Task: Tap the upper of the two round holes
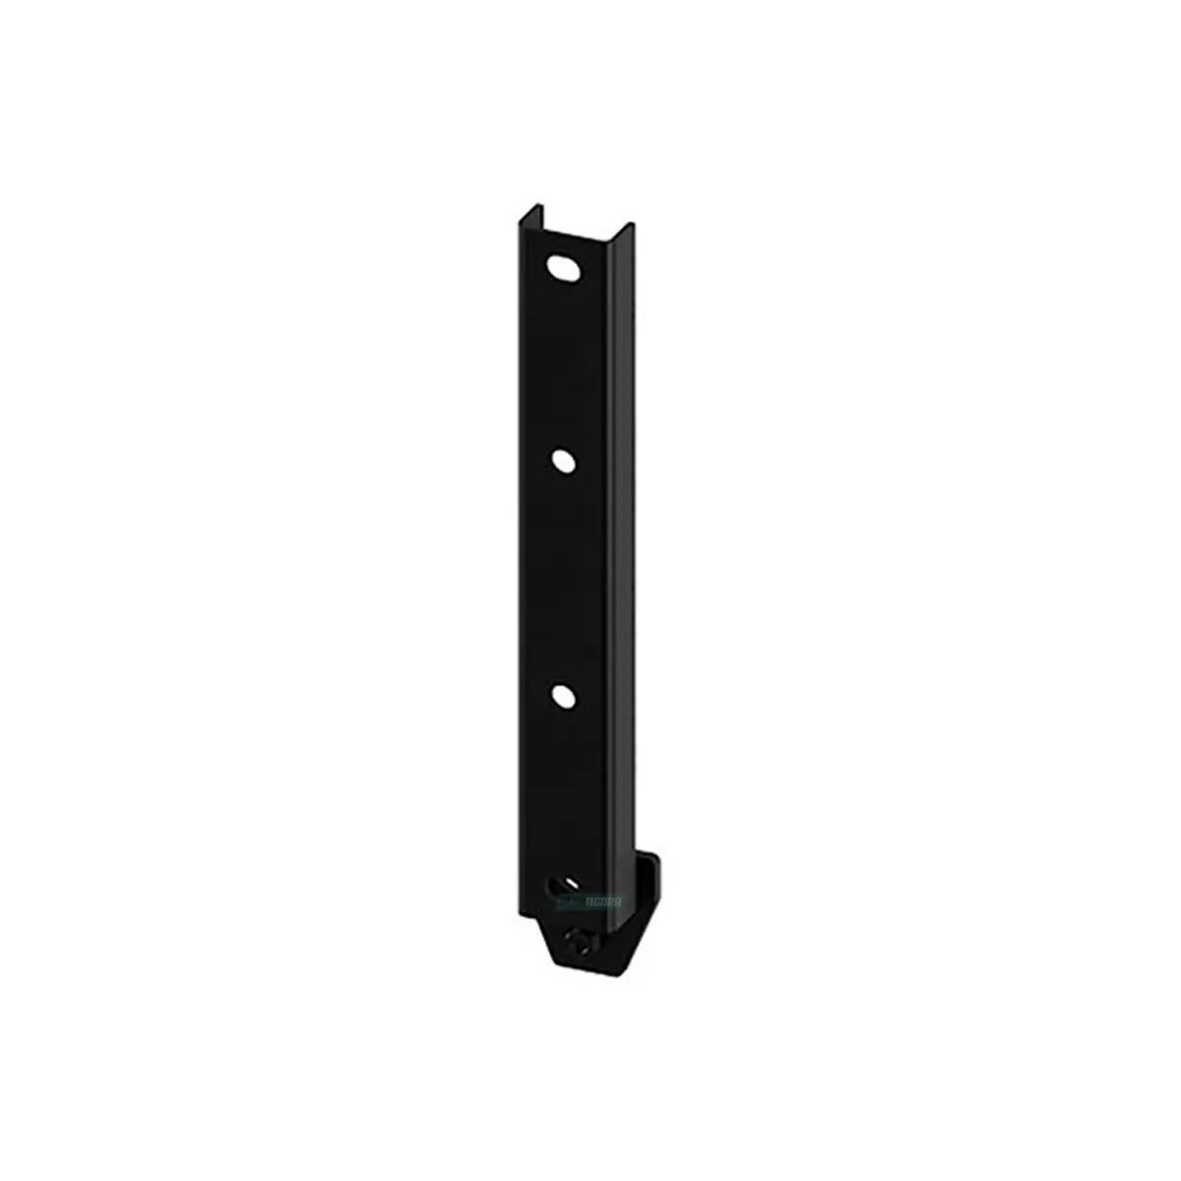click(565, 459)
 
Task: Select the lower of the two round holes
click(564, 695)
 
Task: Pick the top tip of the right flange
click(611, 228)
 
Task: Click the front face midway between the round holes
click(564, 577)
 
